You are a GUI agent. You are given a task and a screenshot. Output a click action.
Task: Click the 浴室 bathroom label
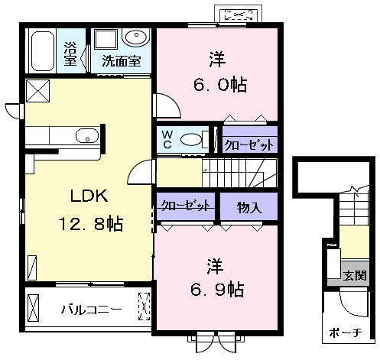click(x=70, y=54)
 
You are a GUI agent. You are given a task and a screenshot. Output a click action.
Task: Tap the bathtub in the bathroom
click(x=43, y=51)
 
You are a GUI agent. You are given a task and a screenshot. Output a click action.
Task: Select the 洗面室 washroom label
click(x=122, y=61)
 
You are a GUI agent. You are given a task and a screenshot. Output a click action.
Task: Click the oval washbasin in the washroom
click(x=136, y=37)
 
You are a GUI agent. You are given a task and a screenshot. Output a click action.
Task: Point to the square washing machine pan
click(x=106, y=39)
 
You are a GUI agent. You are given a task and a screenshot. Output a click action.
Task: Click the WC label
click(x=167, y=139)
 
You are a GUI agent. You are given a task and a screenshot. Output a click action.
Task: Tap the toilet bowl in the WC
click(x=191, y=140)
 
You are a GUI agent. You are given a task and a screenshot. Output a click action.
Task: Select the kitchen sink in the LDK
click(x=87, y=136)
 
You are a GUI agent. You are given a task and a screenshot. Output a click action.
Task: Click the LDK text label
click(x=89, y=196)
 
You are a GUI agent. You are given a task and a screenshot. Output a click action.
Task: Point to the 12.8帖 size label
click(x=91, y=223)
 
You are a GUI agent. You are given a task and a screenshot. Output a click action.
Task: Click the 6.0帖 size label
click(x=220, y=85)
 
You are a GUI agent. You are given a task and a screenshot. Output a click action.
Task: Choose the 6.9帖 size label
click(x=217, y=290)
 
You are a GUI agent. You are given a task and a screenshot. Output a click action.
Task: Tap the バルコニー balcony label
click(x=92, y=310)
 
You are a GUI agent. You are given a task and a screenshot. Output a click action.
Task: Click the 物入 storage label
click(x=249, y=208)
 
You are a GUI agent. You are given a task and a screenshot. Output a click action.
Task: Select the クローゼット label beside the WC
click(x=249, y=145)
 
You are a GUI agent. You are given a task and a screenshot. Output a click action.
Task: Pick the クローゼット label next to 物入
click(x=186, y=205)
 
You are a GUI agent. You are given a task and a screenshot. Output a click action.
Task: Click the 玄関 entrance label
click(x=355, y=275)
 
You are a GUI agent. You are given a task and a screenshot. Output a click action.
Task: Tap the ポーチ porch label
click(x=346, y=332)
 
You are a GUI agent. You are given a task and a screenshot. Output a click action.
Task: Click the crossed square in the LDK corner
click(x=37, y=91)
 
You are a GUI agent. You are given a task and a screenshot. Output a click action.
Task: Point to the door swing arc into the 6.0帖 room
click(x=174, y=102)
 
